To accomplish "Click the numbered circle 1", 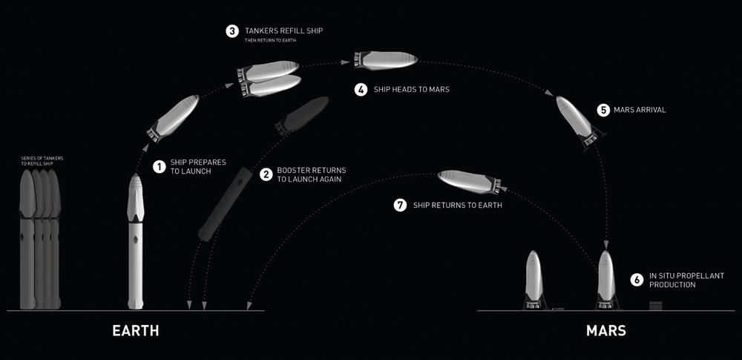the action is pyautogui.click(x=160, y=166).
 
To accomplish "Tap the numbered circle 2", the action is pyautogui.click(x=266, y=174).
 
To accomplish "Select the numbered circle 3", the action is pyautogui.click(x=232, y=31).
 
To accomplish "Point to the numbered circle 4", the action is pyautogui.click(x=361, y=90).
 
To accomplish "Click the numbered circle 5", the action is pyautogui.click(x=603, y=110).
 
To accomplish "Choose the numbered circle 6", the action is pyautogui.click(x=637, y=280).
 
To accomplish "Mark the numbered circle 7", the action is pyautogui.click(x=401, y=205).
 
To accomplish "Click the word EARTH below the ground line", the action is pyautogui.click(x=135, y=330).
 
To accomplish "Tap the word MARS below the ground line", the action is pyautogui.click(x=605, y=330).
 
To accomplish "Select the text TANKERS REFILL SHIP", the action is pyautogui.click(x=284, y=30).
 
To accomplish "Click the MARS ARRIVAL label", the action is pyautogui.click(x=640, y=110).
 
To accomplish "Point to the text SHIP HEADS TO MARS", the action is pyautogui.click(x=412, y=89).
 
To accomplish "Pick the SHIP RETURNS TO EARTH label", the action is pyautogui.click(x=458, y=206).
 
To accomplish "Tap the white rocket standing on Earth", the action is pyautogui.click(x=136, y=241).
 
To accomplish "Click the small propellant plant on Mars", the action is pyautogui.click(x=655, y=306).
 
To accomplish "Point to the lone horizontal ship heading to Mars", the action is pyautogui.click(x=386, y=60).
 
